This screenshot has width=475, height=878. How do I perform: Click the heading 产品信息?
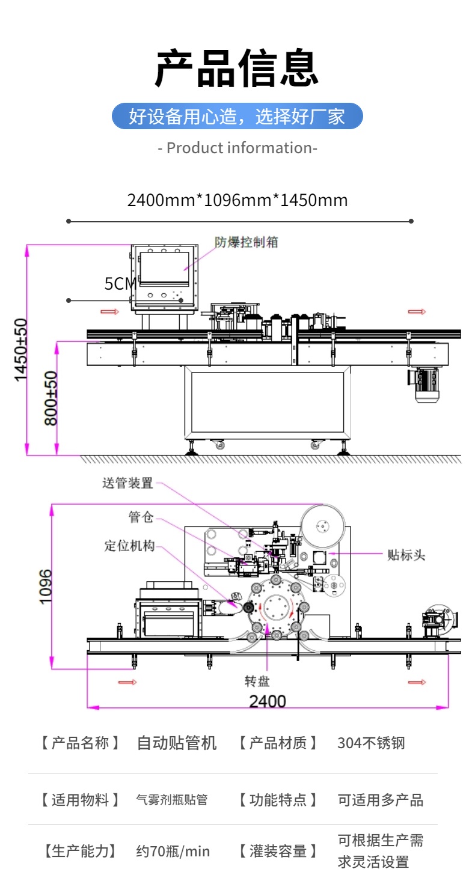point(237,68)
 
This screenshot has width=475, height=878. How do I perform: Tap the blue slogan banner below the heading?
point(237,116)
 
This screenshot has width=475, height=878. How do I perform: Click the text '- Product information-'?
point(237,148)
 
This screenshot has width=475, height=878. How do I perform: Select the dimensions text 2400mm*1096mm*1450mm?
point(237,200)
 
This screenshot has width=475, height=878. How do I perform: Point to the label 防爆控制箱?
point(247,242)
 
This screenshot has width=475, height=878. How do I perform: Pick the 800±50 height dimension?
point(52,398)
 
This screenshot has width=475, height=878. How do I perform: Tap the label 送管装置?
point(127,483)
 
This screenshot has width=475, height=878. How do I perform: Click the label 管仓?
point(141,517)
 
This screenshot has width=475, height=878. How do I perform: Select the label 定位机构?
point(129,546)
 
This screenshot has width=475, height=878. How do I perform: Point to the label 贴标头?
point(406,555)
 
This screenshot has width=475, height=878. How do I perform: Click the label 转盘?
point(257,681)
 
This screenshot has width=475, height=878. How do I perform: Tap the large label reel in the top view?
point(323,527)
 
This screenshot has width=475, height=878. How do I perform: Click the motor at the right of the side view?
point(425,382)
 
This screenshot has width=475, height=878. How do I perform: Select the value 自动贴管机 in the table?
point(177,743)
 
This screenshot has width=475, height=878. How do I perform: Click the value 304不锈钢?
point(371,743)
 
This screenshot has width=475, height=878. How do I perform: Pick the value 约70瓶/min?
point(173,851)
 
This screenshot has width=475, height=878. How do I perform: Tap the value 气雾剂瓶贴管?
point(172,800)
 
